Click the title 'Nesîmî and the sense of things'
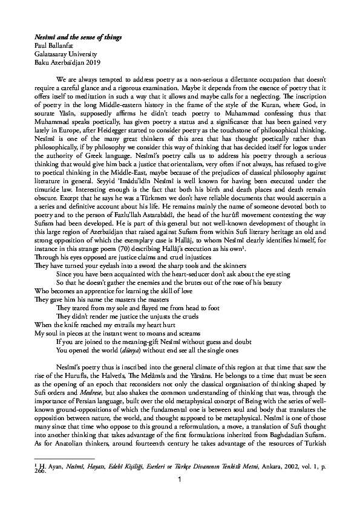pos(78,37)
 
